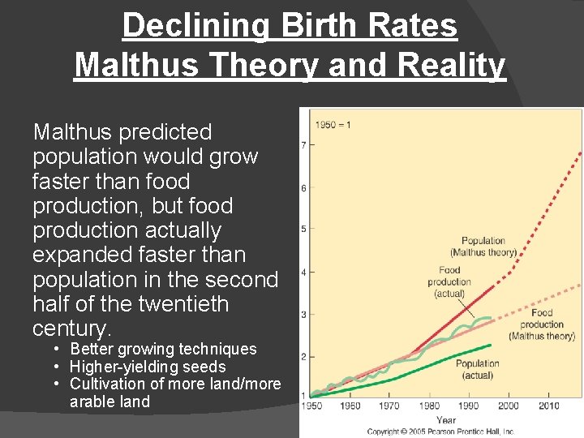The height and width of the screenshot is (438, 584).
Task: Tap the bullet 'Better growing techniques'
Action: (x=163, y=350)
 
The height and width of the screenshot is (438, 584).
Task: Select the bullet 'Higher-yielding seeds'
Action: (x=148, y=367)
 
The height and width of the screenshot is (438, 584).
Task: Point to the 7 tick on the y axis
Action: (x=303, y=146)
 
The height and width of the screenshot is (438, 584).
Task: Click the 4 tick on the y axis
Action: (x=303, y=273)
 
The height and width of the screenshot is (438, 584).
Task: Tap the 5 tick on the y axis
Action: (x=303, y=230)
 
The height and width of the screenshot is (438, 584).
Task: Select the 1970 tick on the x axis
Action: (x=389, y=406)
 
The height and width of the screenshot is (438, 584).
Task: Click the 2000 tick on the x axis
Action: (x=509, y=406)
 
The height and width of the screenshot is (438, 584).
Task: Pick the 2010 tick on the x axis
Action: (x=547, y=406)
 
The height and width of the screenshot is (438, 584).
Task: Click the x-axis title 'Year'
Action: (x=446, y=421)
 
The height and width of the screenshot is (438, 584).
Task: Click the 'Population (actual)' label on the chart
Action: (x=478, y=369)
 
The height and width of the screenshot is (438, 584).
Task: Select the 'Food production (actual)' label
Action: (x=450, y=281)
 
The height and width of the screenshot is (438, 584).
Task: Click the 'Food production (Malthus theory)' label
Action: (x=542, y=324)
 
